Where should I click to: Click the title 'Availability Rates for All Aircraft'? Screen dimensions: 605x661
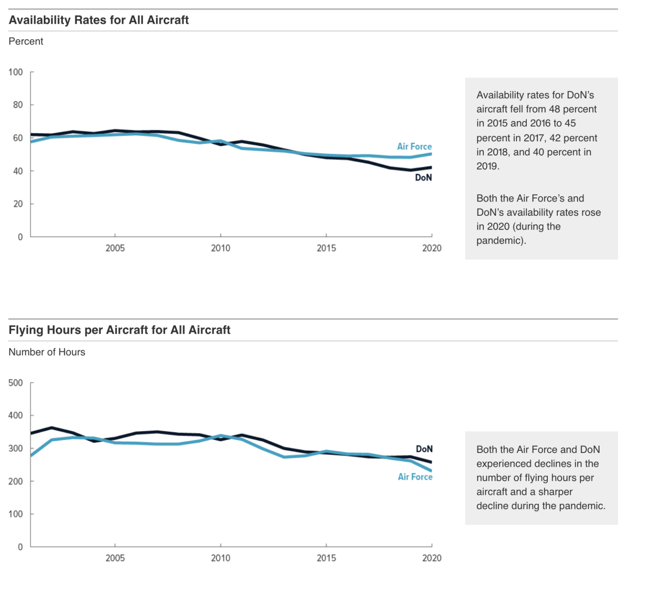click(99, 20)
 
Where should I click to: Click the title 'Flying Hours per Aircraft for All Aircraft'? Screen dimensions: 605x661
click(119, 330)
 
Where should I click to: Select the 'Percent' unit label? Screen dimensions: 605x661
click(26, 41)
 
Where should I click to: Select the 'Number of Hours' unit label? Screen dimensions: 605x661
click(47, 352)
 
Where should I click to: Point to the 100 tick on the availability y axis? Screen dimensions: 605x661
click(15, 72)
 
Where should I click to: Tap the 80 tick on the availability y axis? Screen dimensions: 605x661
click(18, 105)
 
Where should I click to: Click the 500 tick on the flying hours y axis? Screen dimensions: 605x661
click(15, 383)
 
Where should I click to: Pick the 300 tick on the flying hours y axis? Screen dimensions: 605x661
click(15, 449)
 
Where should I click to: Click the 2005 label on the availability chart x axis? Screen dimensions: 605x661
click(115, 248)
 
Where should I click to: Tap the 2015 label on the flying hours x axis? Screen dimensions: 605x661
click(326, 558)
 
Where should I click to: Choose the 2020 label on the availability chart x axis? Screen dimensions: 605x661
click(432, 248)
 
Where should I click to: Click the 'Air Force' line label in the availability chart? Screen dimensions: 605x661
click(414, 146)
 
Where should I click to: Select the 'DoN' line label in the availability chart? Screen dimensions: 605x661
click(423, 178)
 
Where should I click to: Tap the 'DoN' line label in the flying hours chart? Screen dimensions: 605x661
click(424, 449)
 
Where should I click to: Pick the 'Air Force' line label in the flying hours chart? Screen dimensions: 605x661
click(415, 477)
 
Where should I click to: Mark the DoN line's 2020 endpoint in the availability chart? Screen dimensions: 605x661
click(431, 168)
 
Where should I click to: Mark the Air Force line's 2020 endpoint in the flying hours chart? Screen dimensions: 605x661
click(431, 471)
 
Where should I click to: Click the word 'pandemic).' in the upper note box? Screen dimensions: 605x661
click(501, 241)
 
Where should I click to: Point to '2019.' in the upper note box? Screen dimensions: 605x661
click(488, 166)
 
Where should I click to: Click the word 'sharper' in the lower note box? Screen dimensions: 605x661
click(555, 492)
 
